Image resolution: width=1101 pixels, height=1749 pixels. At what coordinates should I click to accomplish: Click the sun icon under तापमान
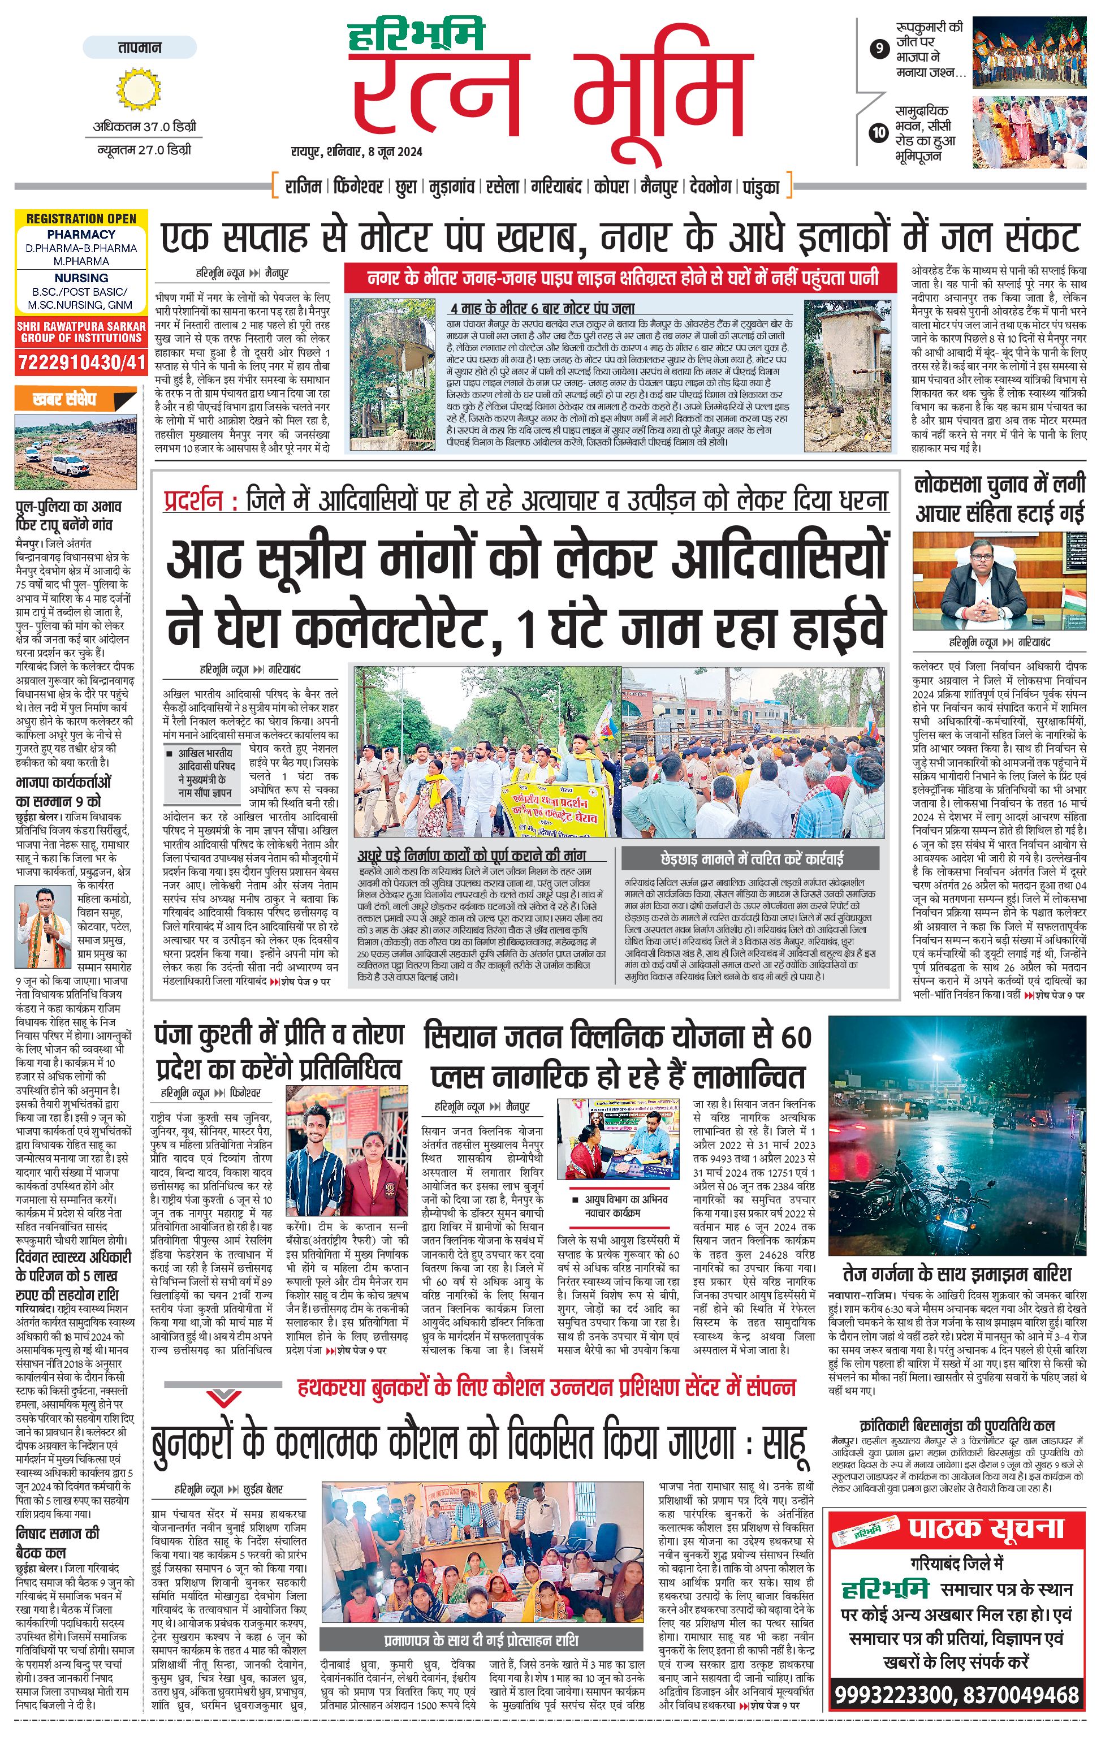pos(139,90)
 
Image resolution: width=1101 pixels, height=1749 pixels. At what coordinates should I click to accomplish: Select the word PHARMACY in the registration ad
pos(81,234)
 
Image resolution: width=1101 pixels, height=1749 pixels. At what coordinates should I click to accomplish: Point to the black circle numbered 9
pos(879,49)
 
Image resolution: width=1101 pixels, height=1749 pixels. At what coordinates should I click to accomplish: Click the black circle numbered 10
pos(879,132)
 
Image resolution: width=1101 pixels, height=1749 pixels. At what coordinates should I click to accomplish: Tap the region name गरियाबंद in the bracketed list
pos(556,187)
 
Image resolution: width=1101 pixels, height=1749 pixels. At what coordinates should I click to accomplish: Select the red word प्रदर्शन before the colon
pos(194,501)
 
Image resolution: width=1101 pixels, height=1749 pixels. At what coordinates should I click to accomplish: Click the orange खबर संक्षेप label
pos(66,399)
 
